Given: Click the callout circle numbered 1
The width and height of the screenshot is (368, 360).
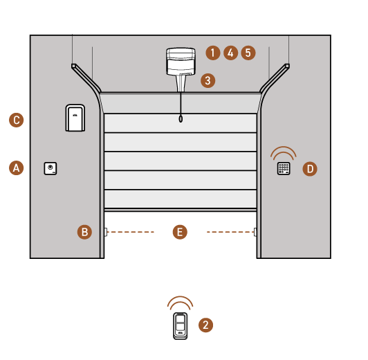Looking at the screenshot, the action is point(213,53).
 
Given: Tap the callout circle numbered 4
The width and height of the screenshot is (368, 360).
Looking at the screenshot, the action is point(231,53).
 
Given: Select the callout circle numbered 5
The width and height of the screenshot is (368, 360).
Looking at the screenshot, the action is point(248,53).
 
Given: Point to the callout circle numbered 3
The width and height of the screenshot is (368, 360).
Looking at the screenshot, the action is point(208,80).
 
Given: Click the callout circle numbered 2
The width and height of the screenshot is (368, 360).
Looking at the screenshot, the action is point(206,325).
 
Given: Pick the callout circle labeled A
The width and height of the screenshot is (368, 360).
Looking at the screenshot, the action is point(16,168).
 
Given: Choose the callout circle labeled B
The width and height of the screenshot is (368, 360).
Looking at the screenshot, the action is point(84,232).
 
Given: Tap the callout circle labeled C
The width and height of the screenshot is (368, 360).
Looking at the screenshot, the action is point(16,120).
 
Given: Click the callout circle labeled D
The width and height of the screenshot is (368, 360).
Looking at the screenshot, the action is point(310,169).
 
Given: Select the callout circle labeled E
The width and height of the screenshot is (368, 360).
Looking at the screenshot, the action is point(180,232).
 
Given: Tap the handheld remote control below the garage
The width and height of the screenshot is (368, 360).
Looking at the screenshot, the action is point(181,326).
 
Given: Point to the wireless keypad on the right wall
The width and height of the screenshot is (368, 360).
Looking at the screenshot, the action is point(284,168).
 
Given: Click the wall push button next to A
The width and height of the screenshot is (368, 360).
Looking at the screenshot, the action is point(50,168).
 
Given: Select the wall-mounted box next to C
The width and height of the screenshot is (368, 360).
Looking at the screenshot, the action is point(75,118).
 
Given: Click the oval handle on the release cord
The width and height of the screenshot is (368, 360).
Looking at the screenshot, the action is point(181,119).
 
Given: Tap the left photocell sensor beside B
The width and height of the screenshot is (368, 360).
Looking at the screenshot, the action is point(106,232).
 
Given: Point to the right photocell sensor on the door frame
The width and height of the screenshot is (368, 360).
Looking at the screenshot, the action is point(255,232).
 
